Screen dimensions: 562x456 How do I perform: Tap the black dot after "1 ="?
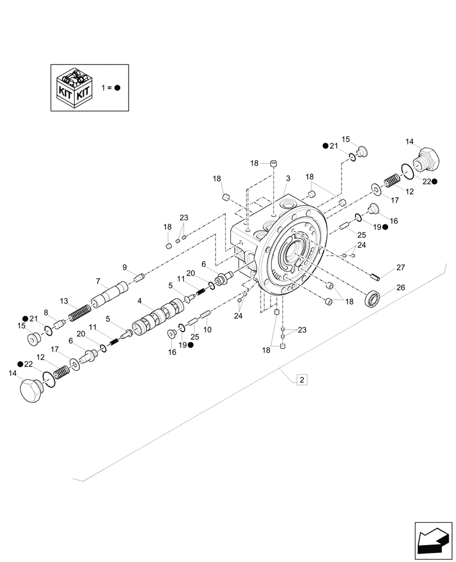[117, 88]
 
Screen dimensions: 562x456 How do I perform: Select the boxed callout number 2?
[302, 380]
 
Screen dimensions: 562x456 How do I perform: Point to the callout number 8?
[46, 314]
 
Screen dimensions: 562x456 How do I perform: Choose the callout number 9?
[125, 267]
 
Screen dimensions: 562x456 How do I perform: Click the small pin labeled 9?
[140, 275]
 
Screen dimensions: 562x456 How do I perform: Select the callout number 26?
[400, 287]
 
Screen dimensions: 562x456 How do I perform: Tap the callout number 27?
[400, 268]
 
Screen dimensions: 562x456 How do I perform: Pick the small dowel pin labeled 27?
[376, 275]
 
